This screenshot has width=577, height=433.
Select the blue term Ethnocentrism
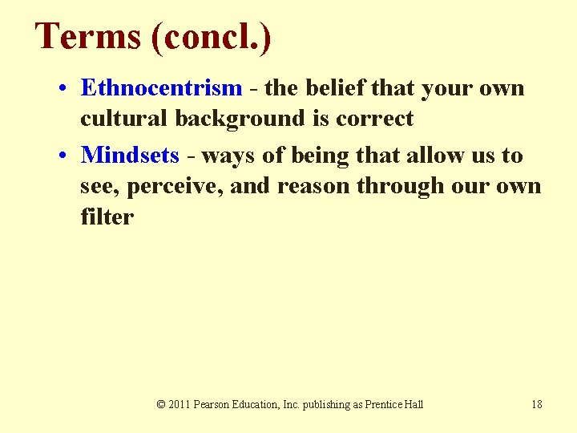point(161,87)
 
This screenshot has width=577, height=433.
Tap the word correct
point(375,119)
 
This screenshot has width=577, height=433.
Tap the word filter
point(107,216)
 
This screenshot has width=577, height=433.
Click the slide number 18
point(536,404)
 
